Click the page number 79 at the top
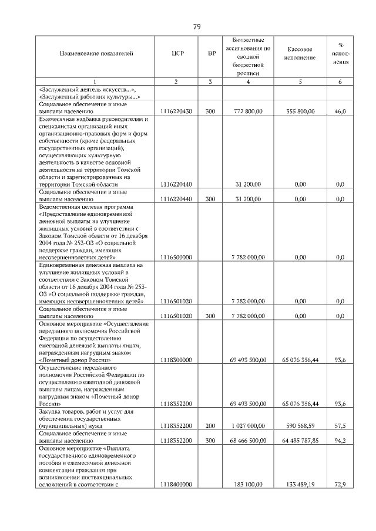pos(197,26)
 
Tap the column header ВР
pos(211,53)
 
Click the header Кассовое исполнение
pos(300,53)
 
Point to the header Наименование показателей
pos(96,53)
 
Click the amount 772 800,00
pos(248,110)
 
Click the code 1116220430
pos(176,110)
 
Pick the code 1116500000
pos(176,257)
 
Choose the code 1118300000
pos(176,360)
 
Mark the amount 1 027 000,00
pos(248,426)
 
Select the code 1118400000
pos(176,485)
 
